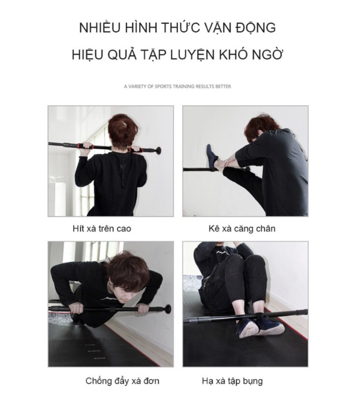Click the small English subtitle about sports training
177,86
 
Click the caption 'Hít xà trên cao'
102,228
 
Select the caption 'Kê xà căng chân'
242,228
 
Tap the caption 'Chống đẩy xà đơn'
122,381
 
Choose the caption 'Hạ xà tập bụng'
232,381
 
